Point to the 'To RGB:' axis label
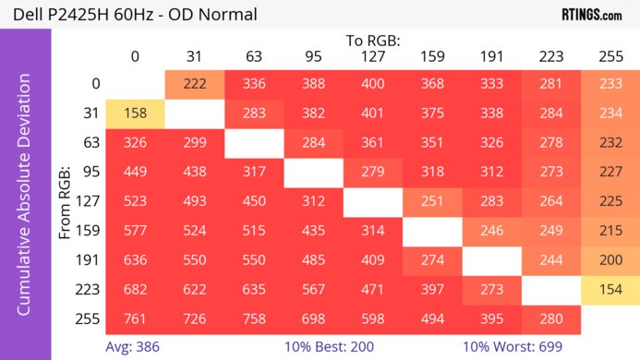click(373, 41)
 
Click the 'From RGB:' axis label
click(66, 200)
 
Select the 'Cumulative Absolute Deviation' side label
click(25, 200)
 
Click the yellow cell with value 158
click(135, 114)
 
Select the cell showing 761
click(135, 319)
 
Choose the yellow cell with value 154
click(610, 290)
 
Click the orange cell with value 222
click(194, 84)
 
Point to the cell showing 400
click(372, 84)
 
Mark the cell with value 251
click(432, 202)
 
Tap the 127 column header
click(372, 56)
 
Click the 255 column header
click(610, 56)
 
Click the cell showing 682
click(135, 290)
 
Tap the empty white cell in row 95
click(313, 173)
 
